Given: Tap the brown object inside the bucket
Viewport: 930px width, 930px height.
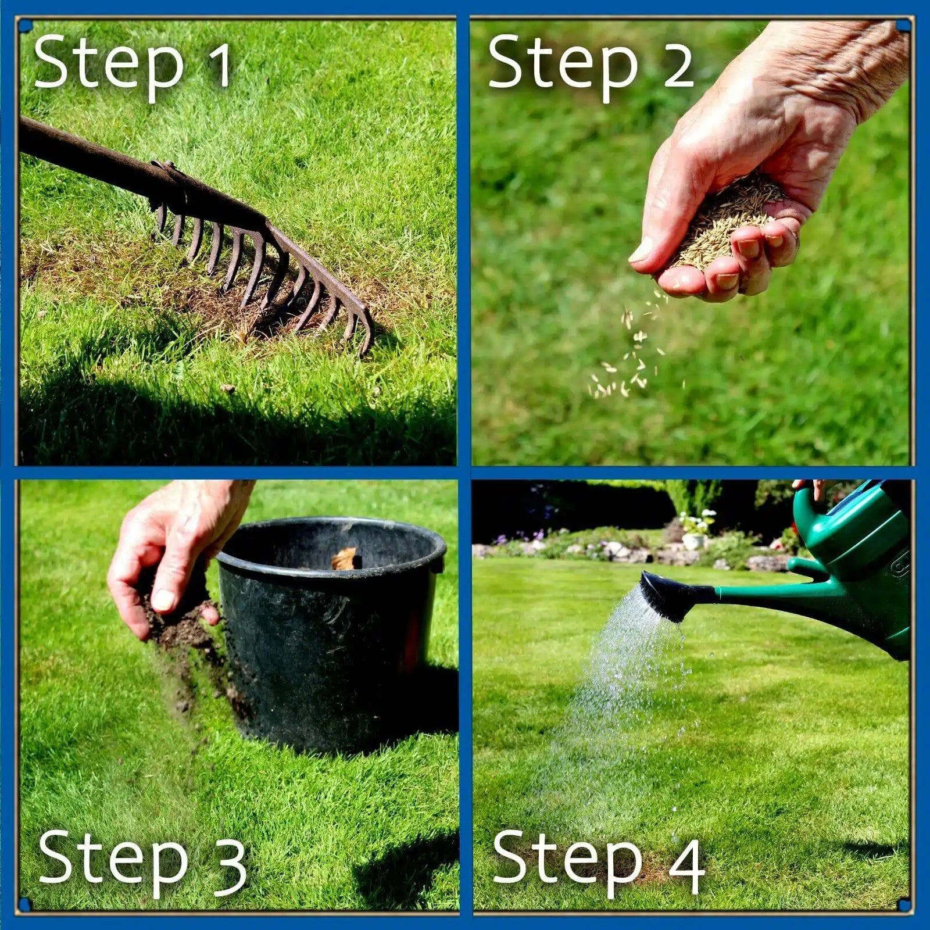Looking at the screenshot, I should [x=345, y=559].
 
